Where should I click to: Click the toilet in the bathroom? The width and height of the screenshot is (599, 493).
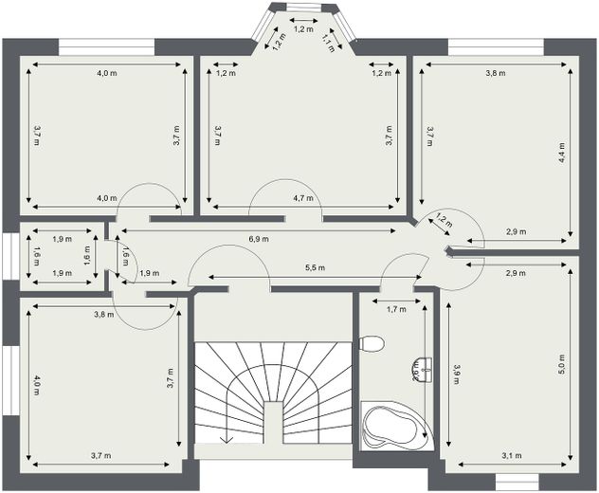(x=372, y=343)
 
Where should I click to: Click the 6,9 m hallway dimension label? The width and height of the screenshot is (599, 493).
(x=259, y=238)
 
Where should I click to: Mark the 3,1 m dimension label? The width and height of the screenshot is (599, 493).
(x=509, y=457)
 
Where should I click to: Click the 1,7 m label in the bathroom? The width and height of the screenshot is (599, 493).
(x=395, y=309)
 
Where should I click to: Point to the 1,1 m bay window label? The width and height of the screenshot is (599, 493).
(x=328, y=41)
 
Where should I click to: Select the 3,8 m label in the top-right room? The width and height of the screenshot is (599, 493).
(x=495, y=72)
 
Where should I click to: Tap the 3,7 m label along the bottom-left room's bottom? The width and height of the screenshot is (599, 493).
(x=101, y=456)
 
